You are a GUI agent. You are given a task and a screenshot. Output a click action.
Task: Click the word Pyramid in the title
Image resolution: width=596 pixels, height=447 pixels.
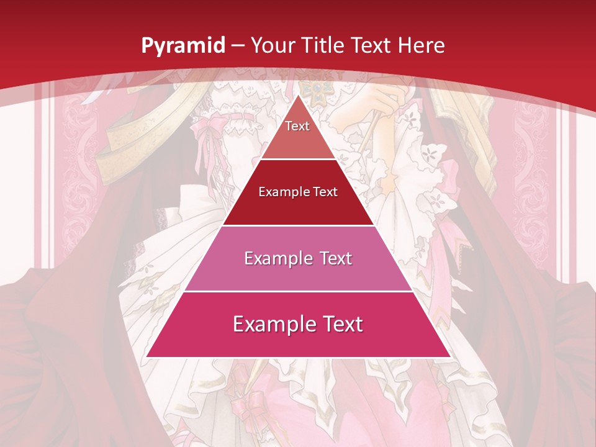tap(183, 46)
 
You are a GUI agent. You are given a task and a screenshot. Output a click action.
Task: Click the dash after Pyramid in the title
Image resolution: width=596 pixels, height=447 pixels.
tap(237, 46)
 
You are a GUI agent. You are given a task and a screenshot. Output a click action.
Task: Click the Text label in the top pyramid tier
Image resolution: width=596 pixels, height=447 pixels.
tap(297, 126)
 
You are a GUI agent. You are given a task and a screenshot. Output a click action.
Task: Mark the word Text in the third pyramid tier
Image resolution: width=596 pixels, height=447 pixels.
tap(332, 258)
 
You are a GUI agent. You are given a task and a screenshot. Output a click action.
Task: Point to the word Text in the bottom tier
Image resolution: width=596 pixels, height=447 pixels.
tap(340, 324)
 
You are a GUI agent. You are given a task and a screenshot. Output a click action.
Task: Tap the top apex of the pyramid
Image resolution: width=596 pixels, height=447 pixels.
tap(298, 95)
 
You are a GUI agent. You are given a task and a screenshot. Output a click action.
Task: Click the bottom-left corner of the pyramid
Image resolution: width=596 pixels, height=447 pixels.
tap(147, 356)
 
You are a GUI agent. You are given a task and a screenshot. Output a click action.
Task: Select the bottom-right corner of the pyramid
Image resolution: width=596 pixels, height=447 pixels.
tap(449, 356)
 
